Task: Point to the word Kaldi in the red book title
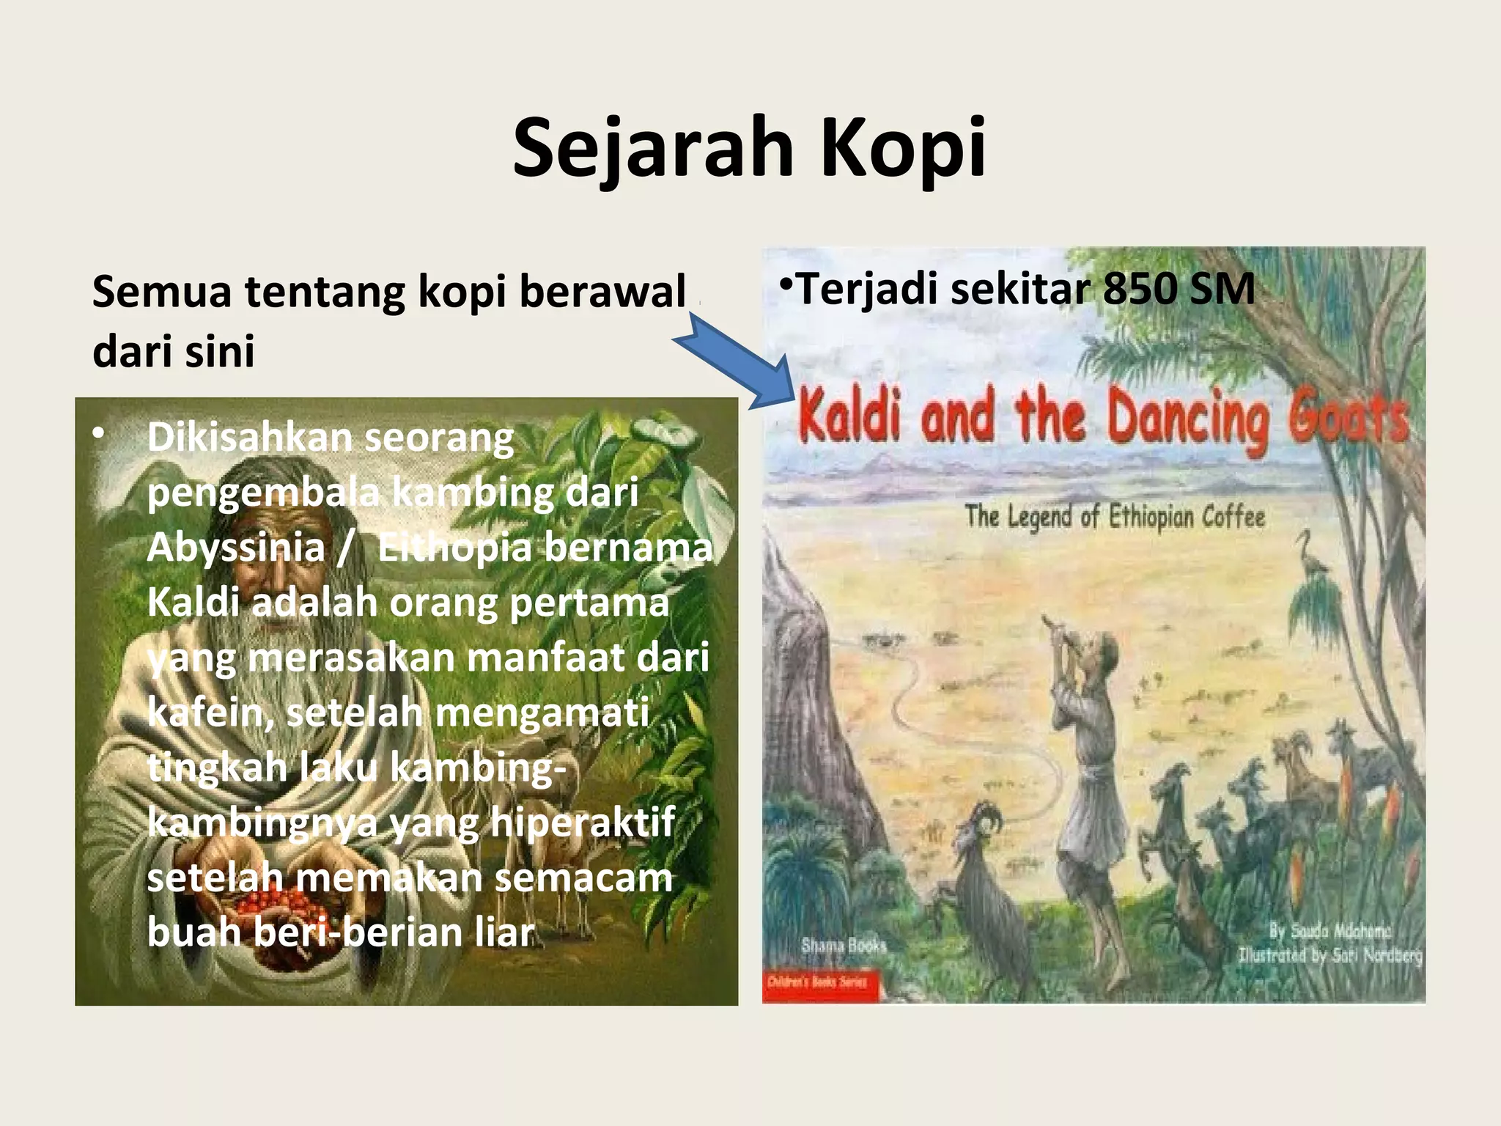click(x=850, y=416)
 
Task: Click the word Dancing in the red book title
click(x=1187, y=418)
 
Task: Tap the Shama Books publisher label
click(x=844, y=946)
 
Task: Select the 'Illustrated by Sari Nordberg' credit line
click(x=1330, y=955)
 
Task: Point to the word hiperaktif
click(x=583, y=823)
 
